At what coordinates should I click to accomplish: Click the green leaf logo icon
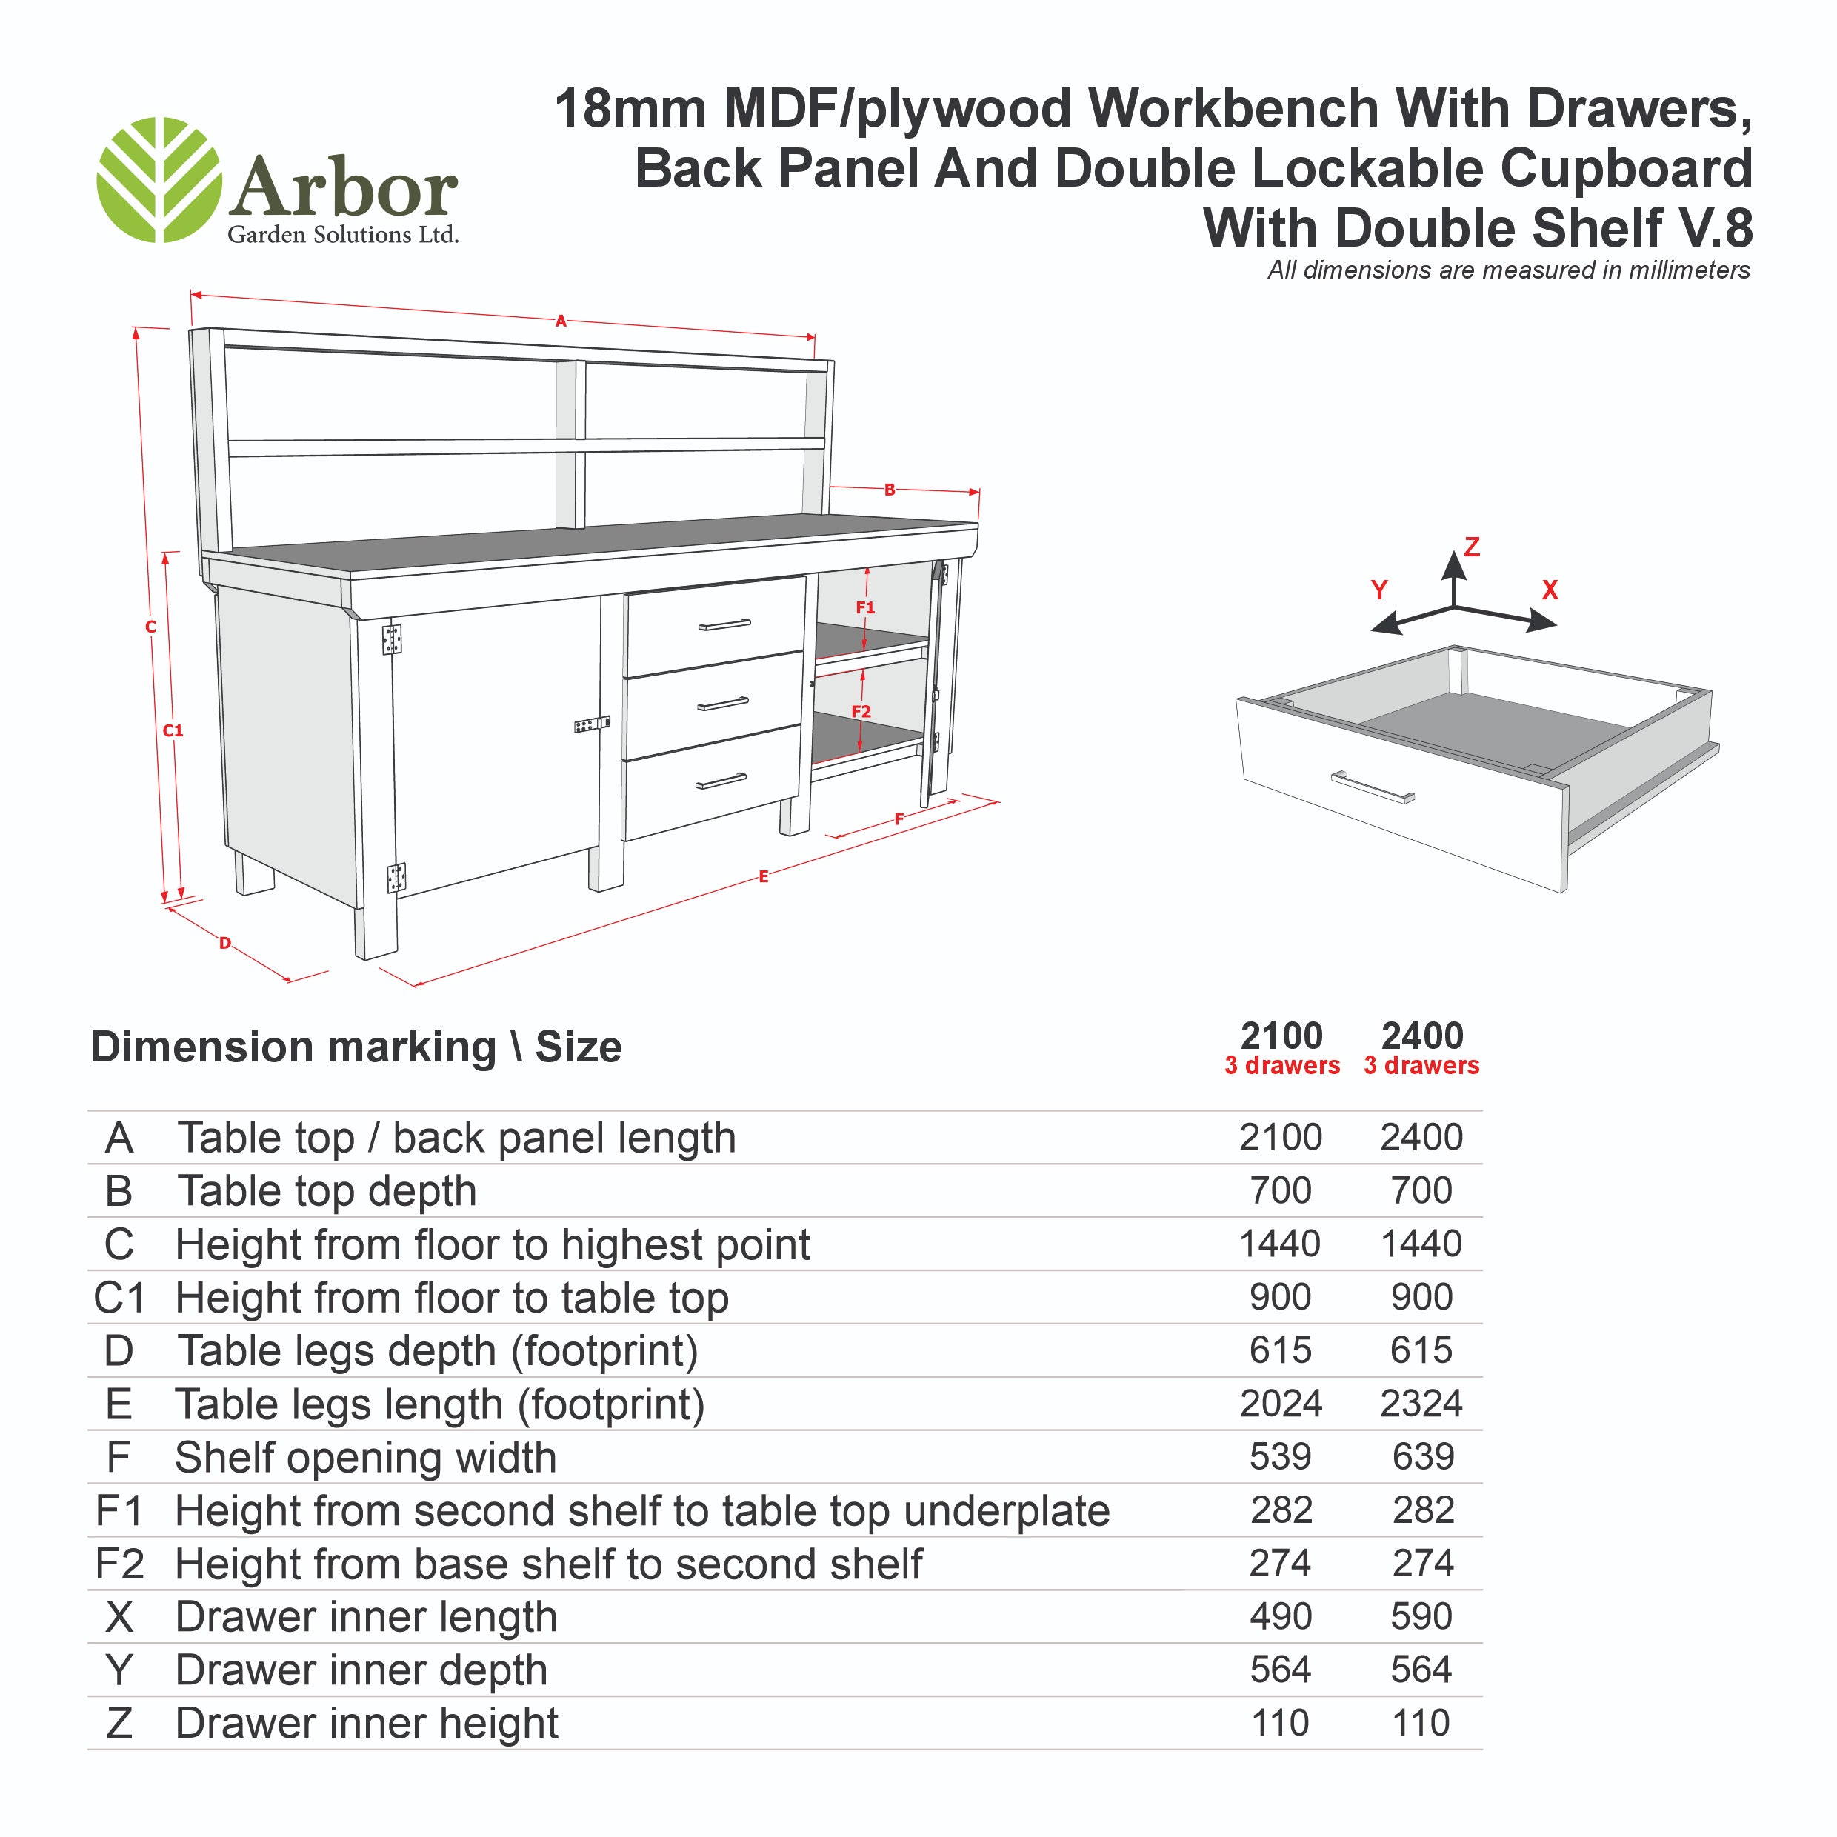(159, 180)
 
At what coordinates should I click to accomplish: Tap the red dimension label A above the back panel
(561, 321)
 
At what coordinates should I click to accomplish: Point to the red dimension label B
(890, 490)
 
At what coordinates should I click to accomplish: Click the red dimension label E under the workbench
(764, 877)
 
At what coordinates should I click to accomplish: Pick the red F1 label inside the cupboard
(865, 607)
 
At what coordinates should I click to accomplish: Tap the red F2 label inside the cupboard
(861, 711)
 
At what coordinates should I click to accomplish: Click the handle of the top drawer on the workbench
(724, 624)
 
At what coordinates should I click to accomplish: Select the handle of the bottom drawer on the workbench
(721, 781)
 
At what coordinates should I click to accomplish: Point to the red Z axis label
(1472, 547)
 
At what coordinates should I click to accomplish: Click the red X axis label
(1550, 590)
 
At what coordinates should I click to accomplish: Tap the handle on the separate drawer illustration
(1372, 787)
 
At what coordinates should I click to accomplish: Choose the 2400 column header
(1422, 1036)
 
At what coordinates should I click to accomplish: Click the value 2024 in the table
(1281, 1404)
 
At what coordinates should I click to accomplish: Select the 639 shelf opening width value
(1424, 1457)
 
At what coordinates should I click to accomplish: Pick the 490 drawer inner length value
(1281, 1616)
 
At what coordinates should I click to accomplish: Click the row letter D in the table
(119, 1350)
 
